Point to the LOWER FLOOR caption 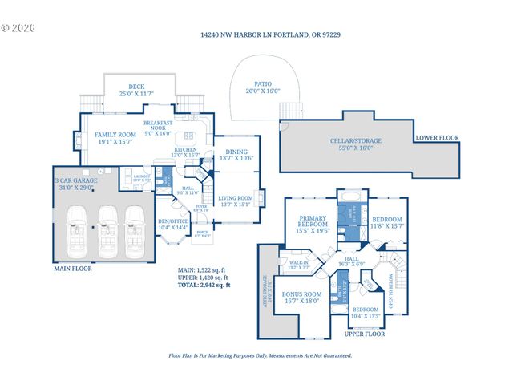[x=438, y=138]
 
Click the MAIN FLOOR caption [x=73, y=269]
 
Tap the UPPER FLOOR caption [x=365, y=334]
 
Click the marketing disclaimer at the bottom [x=260, y=355]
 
